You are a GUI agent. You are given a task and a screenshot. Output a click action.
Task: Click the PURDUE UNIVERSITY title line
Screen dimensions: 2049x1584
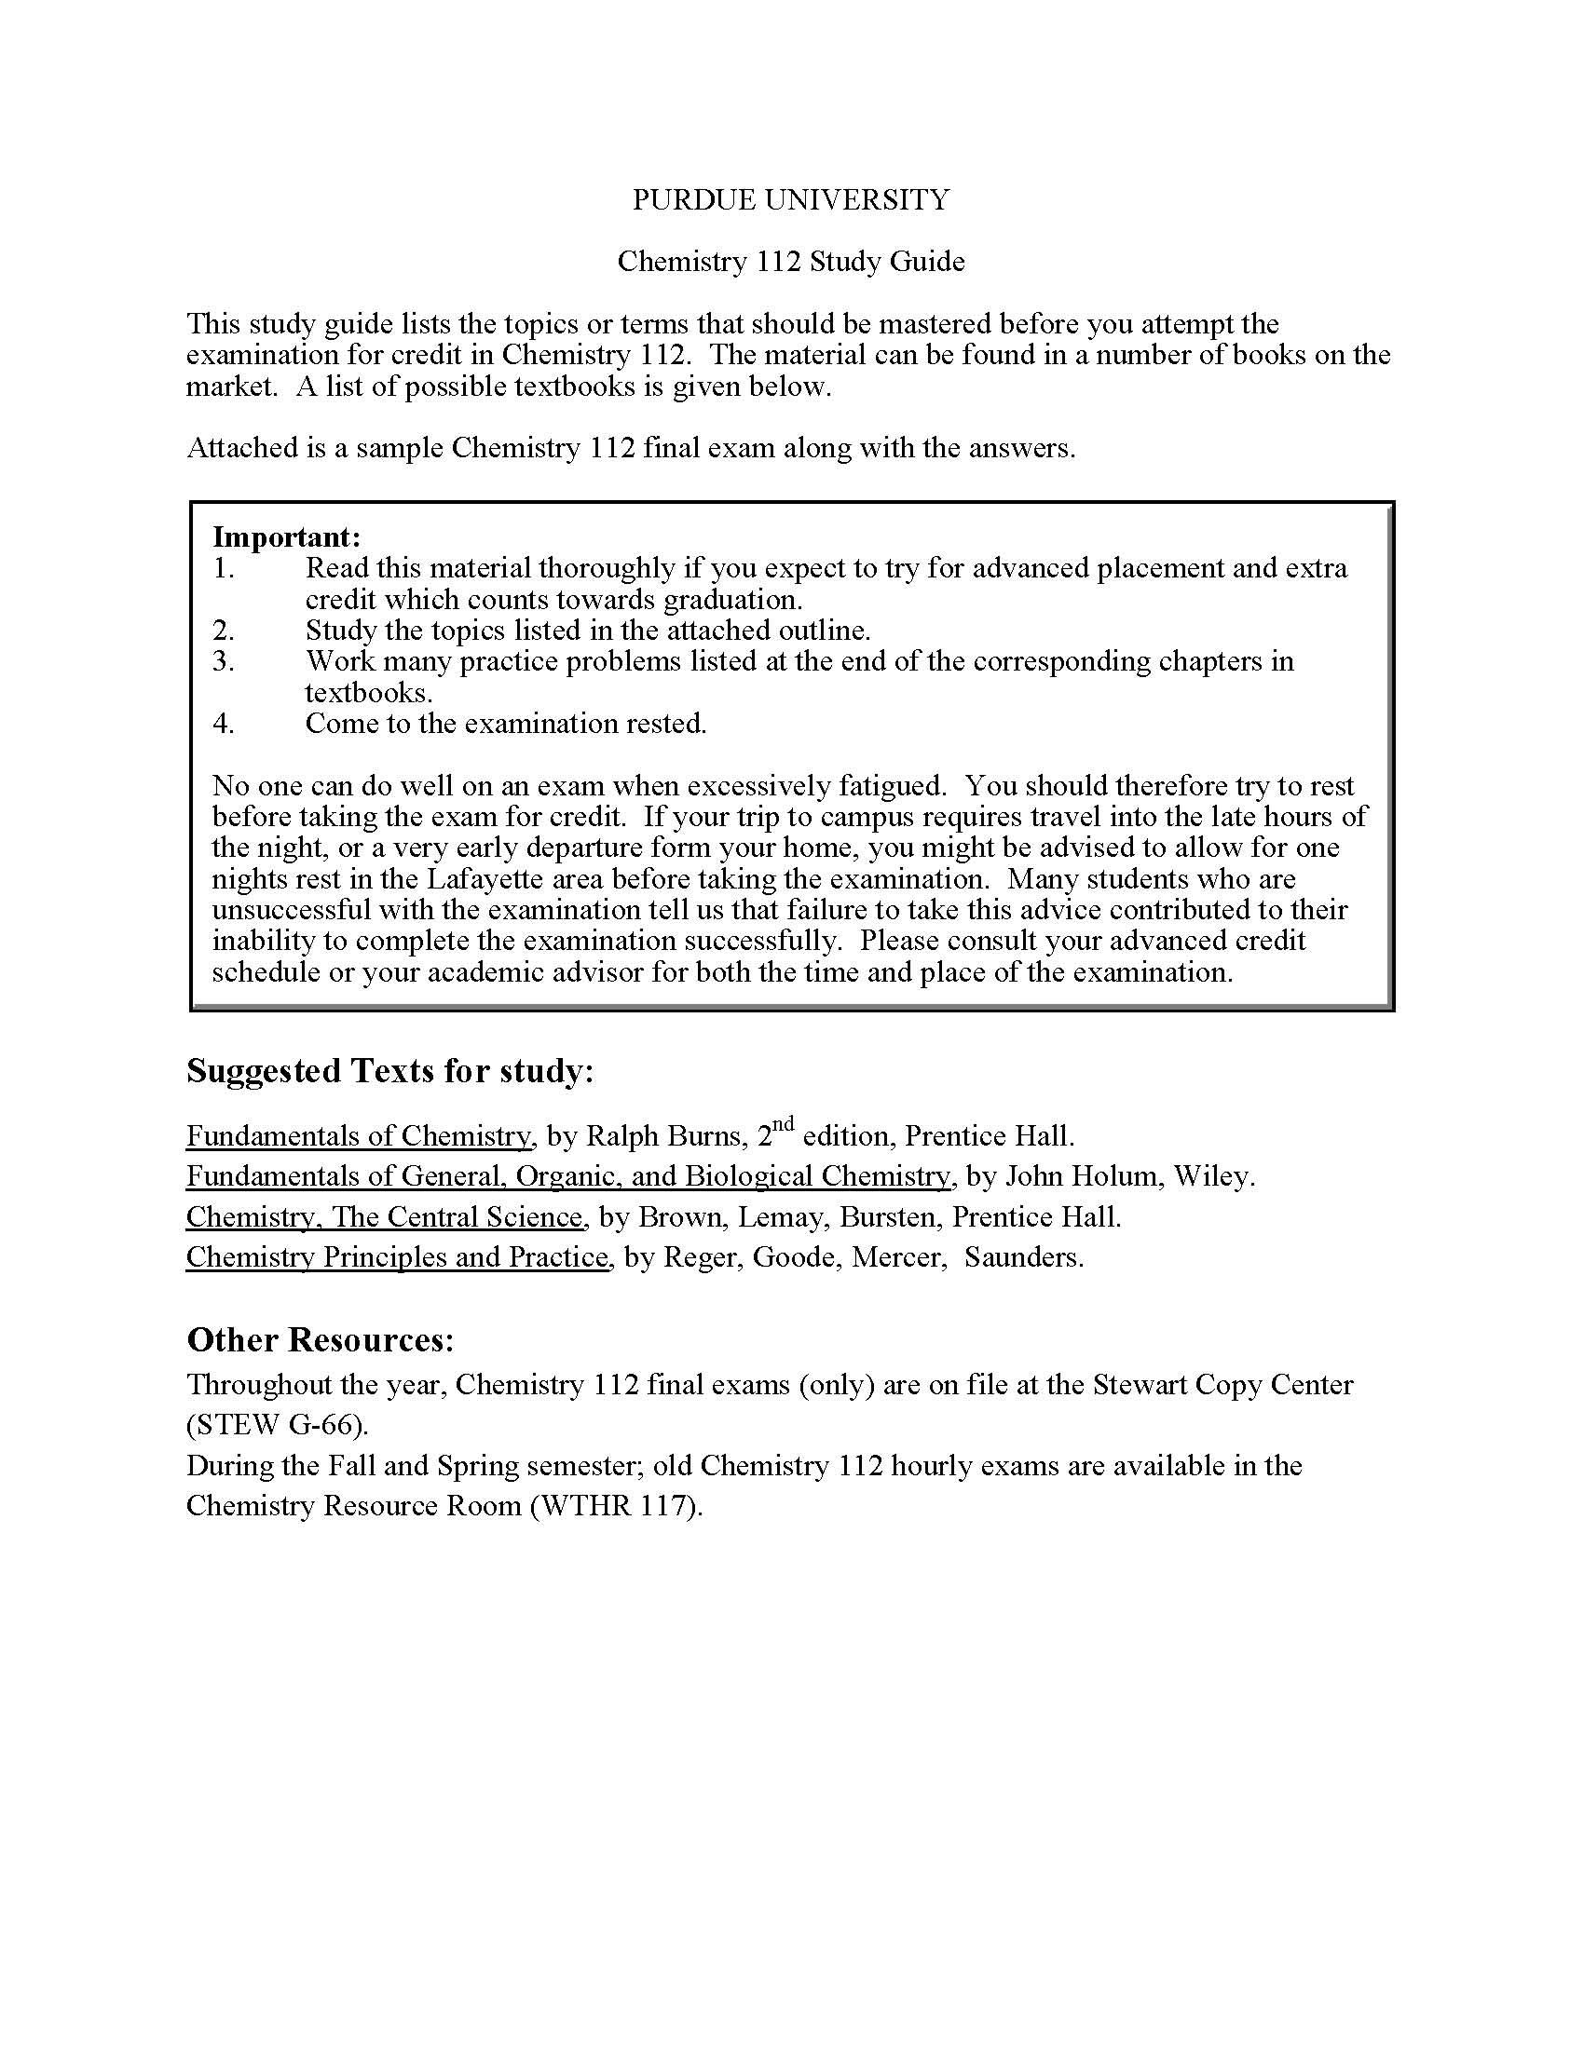point(790,200)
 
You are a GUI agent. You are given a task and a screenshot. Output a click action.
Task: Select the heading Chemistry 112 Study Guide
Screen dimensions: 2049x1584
point(790,261)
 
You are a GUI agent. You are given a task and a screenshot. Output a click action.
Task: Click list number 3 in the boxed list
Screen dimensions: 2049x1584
point(224,661)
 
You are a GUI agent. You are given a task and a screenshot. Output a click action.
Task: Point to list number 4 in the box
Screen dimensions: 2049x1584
point(224,724)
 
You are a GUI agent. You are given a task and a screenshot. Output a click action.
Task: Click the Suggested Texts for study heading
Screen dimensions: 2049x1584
point(389,1070)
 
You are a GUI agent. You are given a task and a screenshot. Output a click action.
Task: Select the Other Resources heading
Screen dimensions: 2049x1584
point(320,1339)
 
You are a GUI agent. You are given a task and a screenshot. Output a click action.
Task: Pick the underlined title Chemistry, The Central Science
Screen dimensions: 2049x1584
point(386,1217)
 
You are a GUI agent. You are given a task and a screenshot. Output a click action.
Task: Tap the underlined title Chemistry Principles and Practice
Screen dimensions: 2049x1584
point(398,1257)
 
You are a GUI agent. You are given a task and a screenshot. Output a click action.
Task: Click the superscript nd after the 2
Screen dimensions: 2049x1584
point(784,1124)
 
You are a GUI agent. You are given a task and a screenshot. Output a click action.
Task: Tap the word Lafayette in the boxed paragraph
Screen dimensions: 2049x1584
point(487,879)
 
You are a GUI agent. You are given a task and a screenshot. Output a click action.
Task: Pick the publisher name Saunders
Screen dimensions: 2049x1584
point(1023,1257)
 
